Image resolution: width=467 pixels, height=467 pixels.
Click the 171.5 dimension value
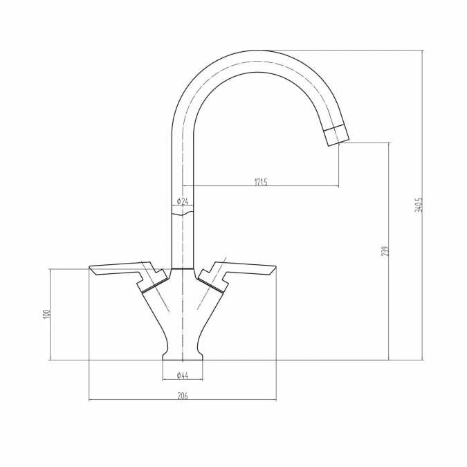coord(261,182)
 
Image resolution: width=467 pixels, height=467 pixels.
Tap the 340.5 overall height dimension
coord(418,205)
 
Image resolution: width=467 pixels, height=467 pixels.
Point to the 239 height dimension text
coord(385,250)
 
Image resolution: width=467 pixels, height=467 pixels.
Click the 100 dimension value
coord(46,313)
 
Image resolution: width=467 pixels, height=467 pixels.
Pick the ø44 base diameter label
coord(183,375)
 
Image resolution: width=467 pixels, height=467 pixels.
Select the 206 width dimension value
coord(183,396)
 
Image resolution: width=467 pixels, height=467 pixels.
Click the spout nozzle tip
coord(336,134)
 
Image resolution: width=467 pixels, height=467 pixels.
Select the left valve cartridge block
coord(154,281)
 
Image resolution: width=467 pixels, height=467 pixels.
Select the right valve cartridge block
coord(212,281)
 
